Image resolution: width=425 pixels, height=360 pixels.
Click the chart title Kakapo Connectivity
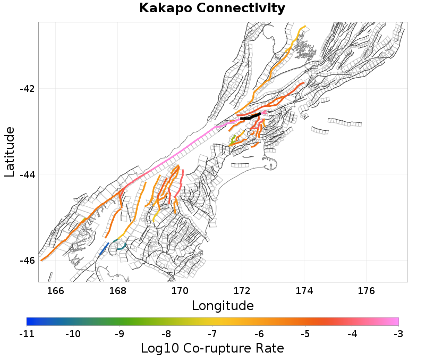(x=212, y=9)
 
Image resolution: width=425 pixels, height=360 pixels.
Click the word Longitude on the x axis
(x=223, y=306)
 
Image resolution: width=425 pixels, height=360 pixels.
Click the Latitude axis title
(x=10, y=152)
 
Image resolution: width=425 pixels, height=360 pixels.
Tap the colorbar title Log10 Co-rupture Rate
(x=212, y=349)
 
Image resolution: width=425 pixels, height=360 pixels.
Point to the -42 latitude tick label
(x=27, y=88)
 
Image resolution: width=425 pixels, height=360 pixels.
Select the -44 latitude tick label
(x=27, y=174)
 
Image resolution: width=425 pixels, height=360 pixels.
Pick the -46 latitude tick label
(x=27, y=261)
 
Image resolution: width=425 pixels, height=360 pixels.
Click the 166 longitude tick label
(x=55, y=290)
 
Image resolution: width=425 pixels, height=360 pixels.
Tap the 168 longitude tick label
(x=117, y=290)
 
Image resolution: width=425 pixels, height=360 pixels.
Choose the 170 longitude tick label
(x=180, y=290)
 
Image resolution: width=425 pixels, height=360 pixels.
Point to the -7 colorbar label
(x=212, y=333)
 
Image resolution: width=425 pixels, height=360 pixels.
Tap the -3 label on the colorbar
(x=398, y=333)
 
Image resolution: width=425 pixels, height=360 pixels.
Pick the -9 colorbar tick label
(x=119, y=333)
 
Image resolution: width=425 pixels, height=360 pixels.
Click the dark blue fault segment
(x=104, y=249)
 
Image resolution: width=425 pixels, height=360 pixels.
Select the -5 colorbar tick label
(x=305, y=333)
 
